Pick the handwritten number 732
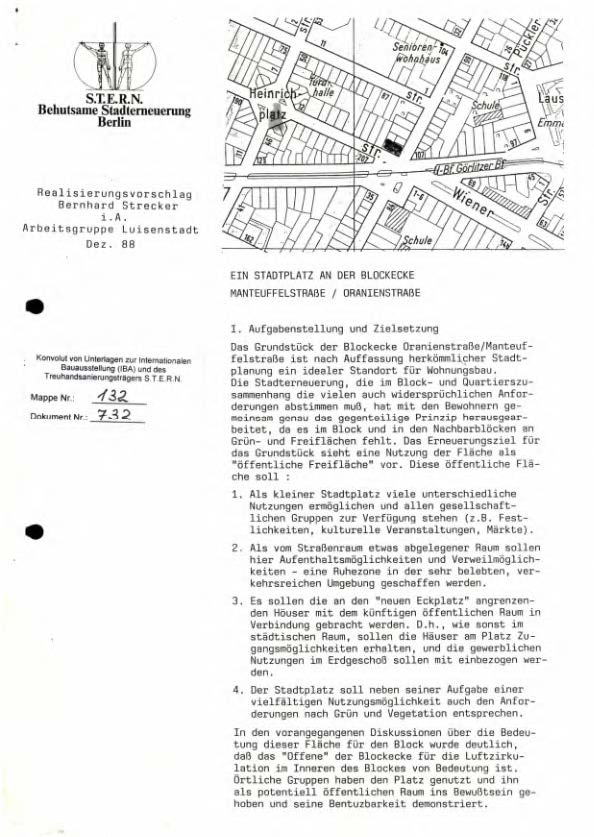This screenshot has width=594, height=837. (x=110, y=415)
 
